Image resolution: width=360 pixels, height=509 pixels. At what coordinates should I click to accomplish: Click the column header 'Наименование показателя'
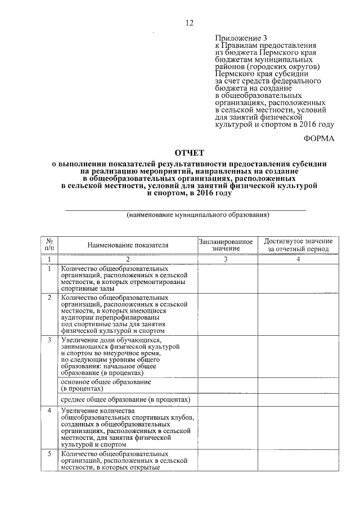pos(128,245)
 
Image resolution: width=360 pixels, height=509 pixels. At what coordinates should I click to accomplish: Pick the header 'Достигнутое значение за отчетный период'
pos(299,245)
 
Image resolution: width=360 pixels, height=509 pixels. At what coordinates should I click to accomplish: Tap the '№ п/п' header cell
pos(49,245)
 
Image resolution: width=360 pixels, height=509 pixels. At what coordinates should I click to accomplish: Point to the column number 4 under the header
pos(299,259)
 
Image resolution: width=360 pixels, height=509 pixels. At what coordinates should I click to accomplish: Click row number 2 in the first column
pos(49,297)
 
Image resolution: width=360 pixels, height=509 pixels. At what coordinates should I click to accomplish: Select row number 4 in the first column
pos(49,411)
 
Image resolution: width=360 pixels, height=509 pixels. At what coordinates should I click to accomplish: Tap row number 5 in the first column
pos(49,453)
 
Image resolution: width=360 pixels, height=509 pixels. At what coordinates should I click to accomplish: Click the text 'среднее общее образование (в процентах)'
pos(126,399)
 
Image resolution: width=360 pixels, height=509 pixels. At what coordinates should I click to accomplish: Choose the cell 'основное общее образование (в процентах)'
pos(106,385)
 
